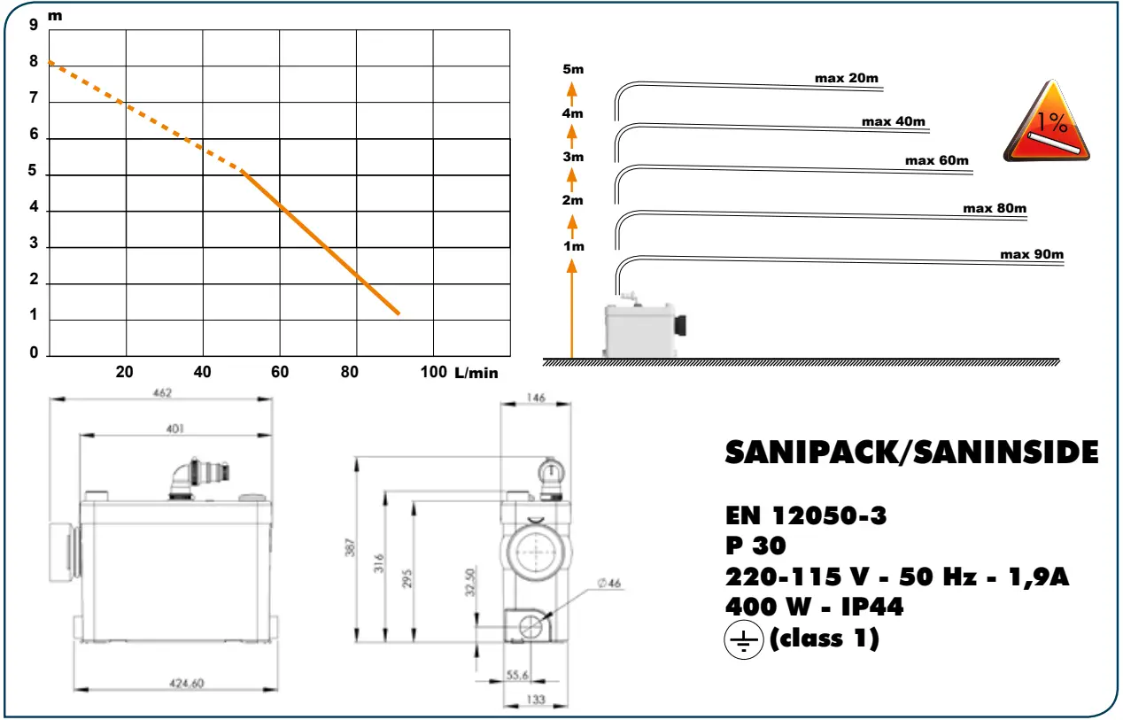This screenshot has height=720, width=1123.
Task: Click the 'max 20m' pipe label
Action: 846,78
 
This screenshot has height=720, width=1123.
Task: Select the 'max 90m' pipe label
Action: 1031,254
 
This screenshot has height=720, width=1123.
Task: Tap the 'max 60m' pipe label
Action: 936,160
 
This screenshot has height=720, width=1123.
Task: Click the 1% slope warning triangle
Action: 1048,125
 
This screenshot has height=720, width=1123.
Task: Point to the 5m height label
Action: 573,69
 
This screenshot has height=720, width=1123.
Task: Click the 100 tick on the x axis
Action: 433,372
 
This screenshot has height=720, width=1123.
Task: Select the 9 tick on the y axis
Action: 34,25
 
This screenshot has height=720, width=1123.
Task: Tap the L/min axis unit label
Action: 476,373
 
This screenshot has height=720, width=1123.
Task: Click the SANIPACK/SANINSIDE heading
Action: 911,453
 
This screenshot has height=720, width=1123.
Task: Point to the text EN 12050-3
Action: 805,515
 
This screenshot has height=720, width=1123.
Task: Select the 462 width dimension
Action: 160,392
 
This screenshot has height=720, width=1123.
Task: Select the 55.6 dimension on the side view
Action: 517,675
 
